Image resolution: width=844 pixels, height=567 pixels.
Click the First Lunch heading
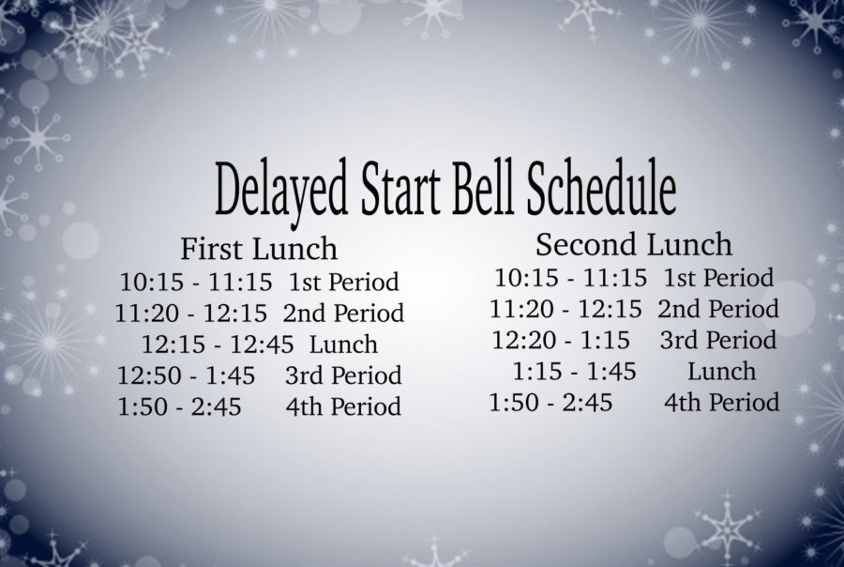(x=259, y=249)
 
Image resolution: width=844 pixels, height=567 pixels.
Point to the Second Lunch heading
(x=634, y=244)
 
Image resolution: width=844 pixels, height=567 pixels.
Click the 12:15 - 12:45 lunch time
(x=218, y=345)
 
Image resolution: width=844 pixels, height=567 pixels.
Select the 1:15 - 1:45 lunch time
(x=574, y=372)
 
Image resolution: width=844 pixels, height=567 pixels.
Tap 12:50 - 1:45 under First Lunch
(x=187, y=375)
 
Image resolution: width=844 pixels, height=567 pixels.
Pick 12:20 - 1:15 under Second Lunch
(x=561, y=340)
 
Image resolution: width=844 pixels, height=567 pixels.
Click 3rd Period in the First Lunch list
(x=343, y=375)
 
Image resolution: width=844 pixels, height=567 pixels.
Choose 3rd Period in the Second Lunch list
(x=718, y=340)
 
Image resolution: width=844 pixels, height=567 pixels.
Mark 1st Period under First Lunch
(x=344, y=282)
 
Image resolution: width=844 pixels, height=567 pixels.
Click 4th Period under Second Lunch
(x=722, y=403)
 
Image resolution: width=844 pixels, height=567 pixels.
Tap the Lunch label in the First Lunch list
(x=343, y=345)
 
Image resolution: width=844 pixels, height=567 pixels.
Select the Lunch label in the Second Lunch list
(x=722, y=372)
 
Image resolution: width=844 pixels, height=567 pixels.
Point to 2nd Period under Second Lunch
(x=718, y=309)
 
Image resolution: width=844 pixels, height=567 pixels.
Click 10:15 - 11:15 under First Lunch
(x=196, y=282)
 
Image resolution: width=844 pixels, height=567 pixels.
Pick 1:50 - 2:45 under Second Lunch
(x=550, y=403)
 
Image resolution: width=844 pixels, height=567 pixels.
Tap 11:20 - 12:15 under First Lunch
(x=191, y=314)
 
